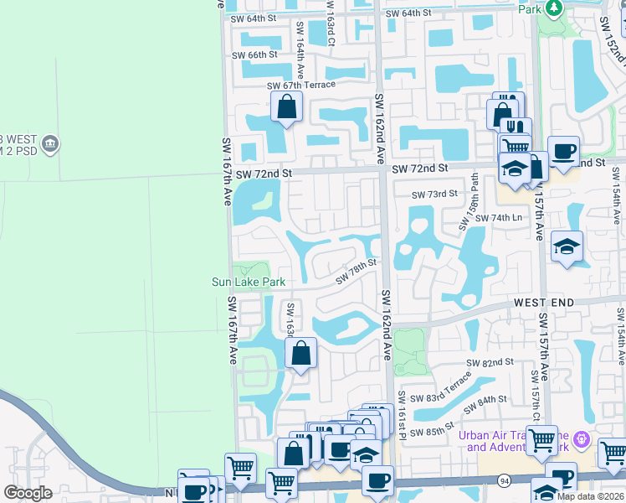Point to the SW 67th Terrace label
click(300, 85)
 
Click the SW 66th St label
click(254, 55)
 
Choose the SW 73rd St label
click(434, 194)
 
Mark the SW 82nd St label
click(490, 362)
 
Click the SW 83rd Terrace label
click(447, 388)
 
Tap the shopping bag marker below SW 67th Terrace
click(286, 107)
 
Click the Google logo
click(28, 493)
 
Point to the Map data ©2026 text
click(590, 496)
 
